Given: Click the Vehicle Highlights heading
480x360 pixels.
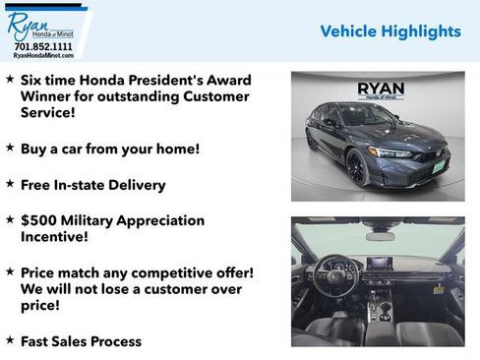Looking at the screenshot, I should pyautogui.click(x=390, y=31).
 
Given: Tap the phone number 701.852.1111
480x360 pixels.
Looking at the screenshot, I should pyautogui.click(x=43, y=46).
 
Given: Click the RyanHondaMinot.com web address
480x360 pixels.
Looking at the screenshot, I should pyautogui.click(x=43, y=56).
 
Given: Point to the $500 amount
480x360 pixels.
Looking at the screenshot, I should pyautogui.click(x=36, y=220).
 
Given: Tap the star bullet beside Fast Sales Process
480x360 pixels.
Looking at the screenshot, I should pyautogui.click(x=10, y=339).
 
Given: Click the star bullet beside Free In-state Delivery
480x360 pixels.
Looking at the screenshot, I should pyautogui.click(x=10, y=183).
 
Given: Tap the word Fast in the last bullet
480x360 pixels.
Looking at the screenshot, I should pyautogui.click(x=37, y=341).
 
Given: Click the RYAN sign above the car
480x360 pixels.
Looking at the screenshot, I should pyautogui.click(x=379, y=87).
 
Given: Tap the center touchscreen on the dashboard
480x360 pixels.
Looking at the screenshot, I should pyautogui.click(x=380, y=265).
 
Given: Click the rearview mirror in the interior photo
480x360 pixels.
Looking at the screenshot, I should pyautogui.click(x=380, y=235).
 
